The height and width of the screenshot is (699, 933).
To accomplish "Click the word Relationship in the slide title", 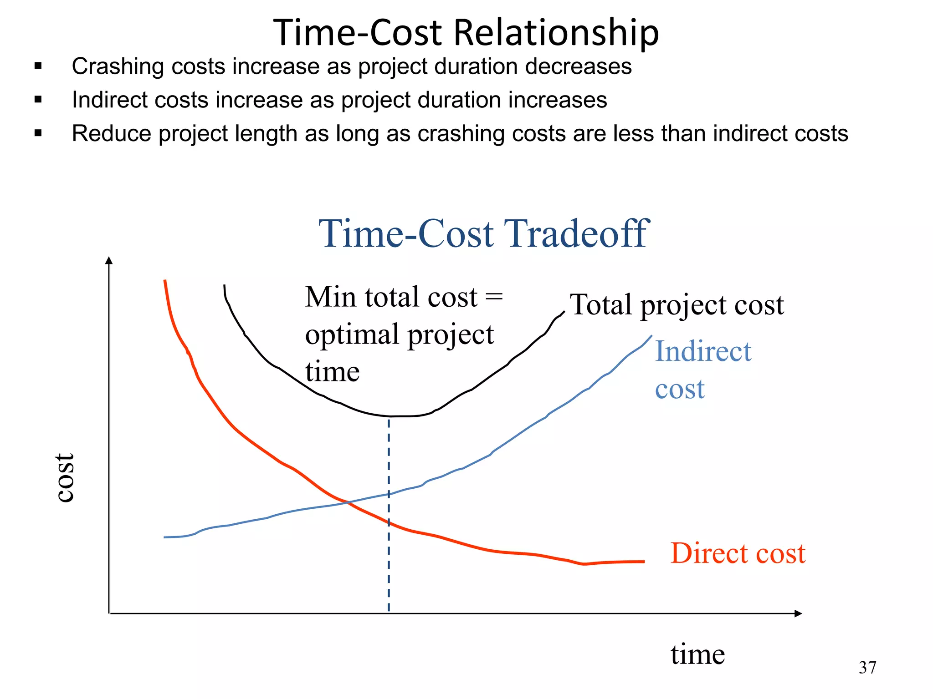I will [x=556, y=33].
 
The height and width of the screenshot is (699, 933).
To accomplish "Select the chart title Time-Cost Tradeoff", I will [x=483, y=234].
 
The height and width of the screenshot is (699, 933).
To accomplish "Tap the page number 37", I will [x=867, y=668].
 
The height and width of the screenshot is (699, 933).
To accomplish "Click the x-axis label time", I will [x=697, y=654].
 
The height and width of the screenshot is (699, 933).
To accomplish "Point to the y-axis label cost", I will [x=65, y=478].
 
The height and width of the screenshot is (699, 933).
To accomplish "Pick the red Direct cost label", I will [x=738, y=553].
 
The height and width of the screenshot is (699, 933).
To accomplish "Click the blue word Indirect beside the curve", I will [x=702, y=351].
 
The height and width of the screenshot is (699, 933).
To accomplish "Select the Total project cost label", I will [x=677, y=305].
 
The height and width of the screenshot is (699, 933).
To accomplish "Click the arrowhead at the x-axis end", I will [x=798, y=613].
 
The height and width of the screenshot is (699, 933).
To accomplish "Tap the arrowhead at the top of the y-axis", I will [x=109, y=260].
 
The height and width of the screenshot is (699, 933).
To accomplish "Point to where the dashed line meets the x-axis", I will [x=389, y=613].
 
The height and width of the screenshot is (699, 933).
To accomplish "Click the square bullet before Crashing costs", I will [x=38, y=66].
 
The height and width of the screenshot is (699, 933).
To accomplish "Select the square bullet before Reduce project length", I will [x=38, y=133].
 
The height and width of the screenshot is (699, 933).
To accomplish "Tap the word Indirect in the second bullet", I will [x=109, y=100].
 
